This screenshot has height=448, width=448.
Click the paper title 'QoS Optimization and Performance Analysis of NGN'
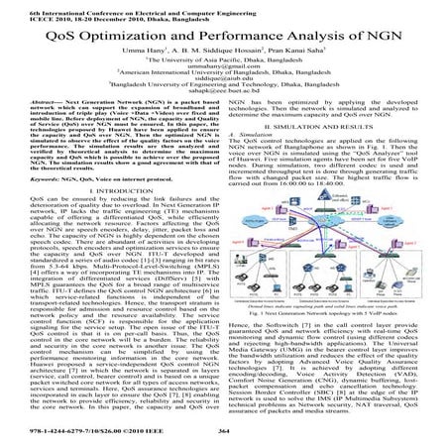[224, 38]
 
